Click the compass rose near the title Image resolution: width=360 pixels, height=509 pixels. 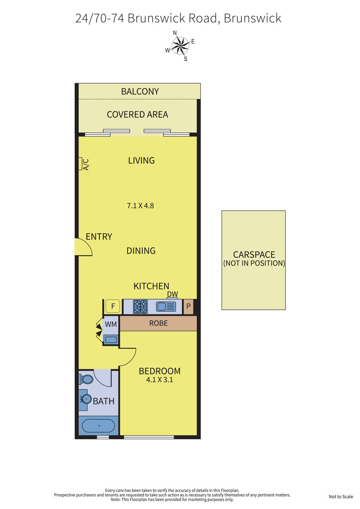[180, 46]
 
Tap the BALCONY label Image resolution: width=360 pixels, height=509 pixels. [140, 91]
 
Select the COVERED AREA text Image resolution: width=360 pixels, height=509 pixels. [138, 114]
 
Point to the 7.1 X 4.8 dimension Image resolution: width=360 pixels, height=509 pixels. [140, 206]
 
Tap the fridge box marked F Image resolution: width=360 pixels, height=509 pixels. [113, 306]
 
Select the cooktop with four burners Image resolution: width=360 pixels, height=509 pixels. [140, 307]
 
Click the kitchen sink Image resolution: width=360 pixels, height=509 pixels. [166, 307]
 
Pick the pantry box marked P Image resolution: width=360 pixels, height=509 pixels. [188, 307]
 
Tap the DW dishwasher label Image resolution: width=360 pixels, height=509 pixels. [172, 294]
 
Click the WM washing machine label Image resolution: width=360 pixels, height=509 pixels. [111, 324]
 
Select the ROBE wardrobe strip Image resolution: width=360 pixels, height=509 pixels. [158, 323]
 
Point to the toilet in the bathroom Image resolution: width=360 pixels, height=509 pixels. [86, 379]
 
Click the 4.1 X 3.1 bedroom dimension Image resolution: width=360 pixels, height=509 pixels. [160, 379]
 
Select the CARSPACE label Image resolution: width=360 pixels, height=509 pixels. [254, 254]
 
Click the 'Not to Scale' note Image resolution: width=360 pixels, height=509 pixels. [341, 497]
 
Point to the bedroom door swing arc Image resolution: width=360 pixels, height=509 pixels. [132, 359]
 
